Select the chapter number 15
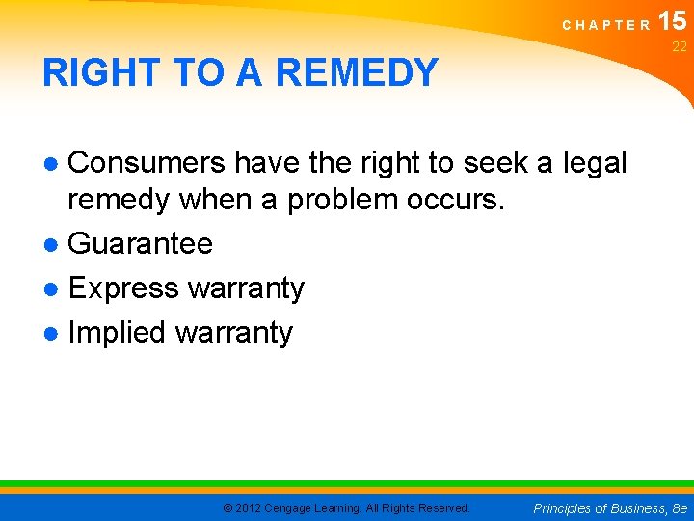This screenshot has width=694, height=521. tap(673, 20)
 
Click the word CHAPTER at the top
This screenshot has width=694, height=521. tap(606, 26)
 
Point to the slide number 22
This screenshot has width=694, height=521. tap(680, 47)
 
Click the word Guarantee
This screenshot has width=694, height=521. tap(141, 243)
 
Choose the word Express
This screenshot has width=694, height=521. tap(124, 288)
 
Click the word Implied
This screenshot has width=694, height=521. tap(118, 332)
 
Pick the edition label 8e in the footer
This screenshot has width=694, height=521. tap(680, 507)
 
